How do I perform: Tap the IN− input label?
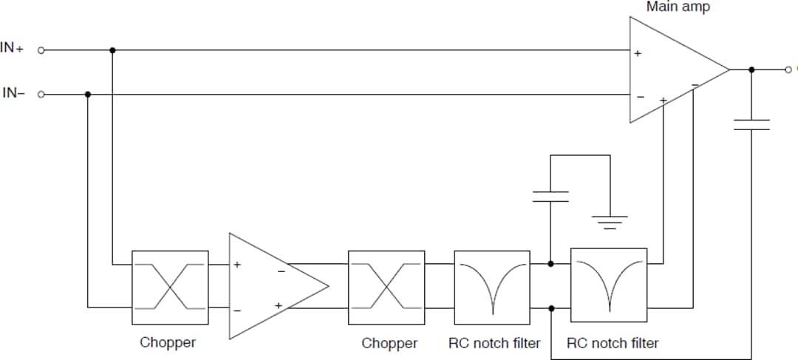pyautogui.click(x=13, y=94)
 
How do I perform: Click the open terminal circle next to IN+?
pyautogui.click(x=41, y=50)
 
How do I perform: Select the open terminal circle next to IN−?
pyautogui.click(x=41, y=95)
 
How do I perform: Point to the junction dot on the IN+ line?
pyautogui.click(x=112, y=50)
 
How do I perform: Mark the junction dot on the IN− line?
pyautogui.click(x=88, y=95)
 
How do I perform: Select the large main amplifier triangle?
pyautogui.click(x=669, y=70)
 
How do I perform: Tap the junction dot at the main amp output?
pyautogui.click(x=751, y=70)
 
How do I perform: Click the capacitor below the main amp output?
pyautogui.click(x=751, y=124)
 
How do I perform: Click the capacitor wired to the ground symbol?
pyautogui.click(x=550, y=196)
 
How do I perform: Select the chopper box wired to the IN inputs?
pyautogui.click(x=170, y=287)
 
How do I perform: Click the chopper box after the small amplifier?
pyautogui.click(x=386, y=287)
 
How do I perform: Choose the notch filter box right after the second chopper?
pyautogui.click(x=492, y=287)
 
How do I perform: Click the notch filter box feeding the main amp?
pyautogui.click(x=609, y=285)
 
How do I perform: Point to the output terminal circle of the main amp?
pyautogui.click(x=788, y=70)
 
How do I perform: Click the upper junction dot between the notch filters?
pyautogui.click(x=551, y=264)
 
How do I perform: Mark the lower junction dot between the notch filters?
pyautogui.click(x=551, y=308)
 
